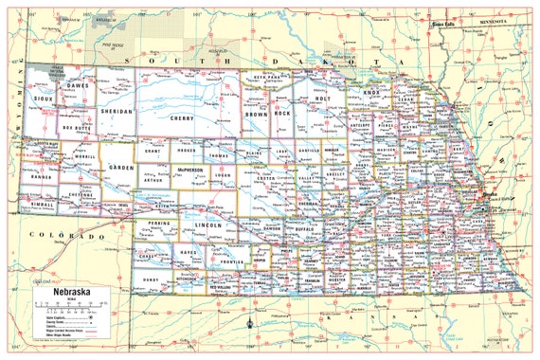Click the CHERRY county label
[181, 118]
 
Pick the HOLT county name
[322, 98]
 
